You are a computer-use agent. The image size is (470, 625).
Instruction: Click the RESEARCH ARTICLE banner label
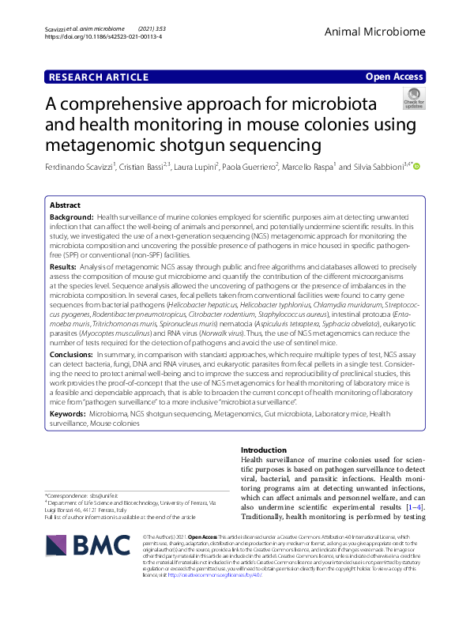click(x=99, y=77)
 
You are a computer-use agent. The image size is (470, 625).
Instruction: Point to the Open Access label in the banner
click(x=394, y=77)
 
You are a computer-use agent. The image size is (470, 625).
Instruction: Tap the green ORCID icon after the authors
click(x=417, y=166)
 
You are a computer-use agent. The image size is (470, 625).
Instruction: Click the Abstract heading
click(x=65, y=204)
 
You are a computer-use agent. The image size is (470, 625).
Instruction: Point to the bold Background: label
click(x=72, y=216)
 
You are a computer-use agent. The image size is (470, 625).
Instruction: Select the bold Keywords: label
click(x=68, y=412)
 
